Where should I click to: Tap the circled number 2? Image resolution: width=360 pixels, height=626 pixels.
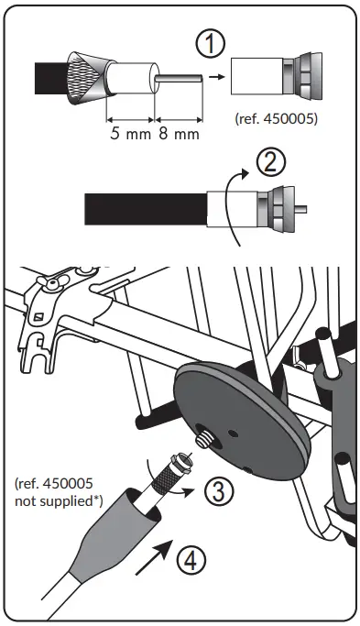[x=272, y=163]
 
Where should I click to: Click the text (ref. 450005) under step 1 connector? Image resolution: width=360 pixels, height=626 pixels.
[x=276, y=118]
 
